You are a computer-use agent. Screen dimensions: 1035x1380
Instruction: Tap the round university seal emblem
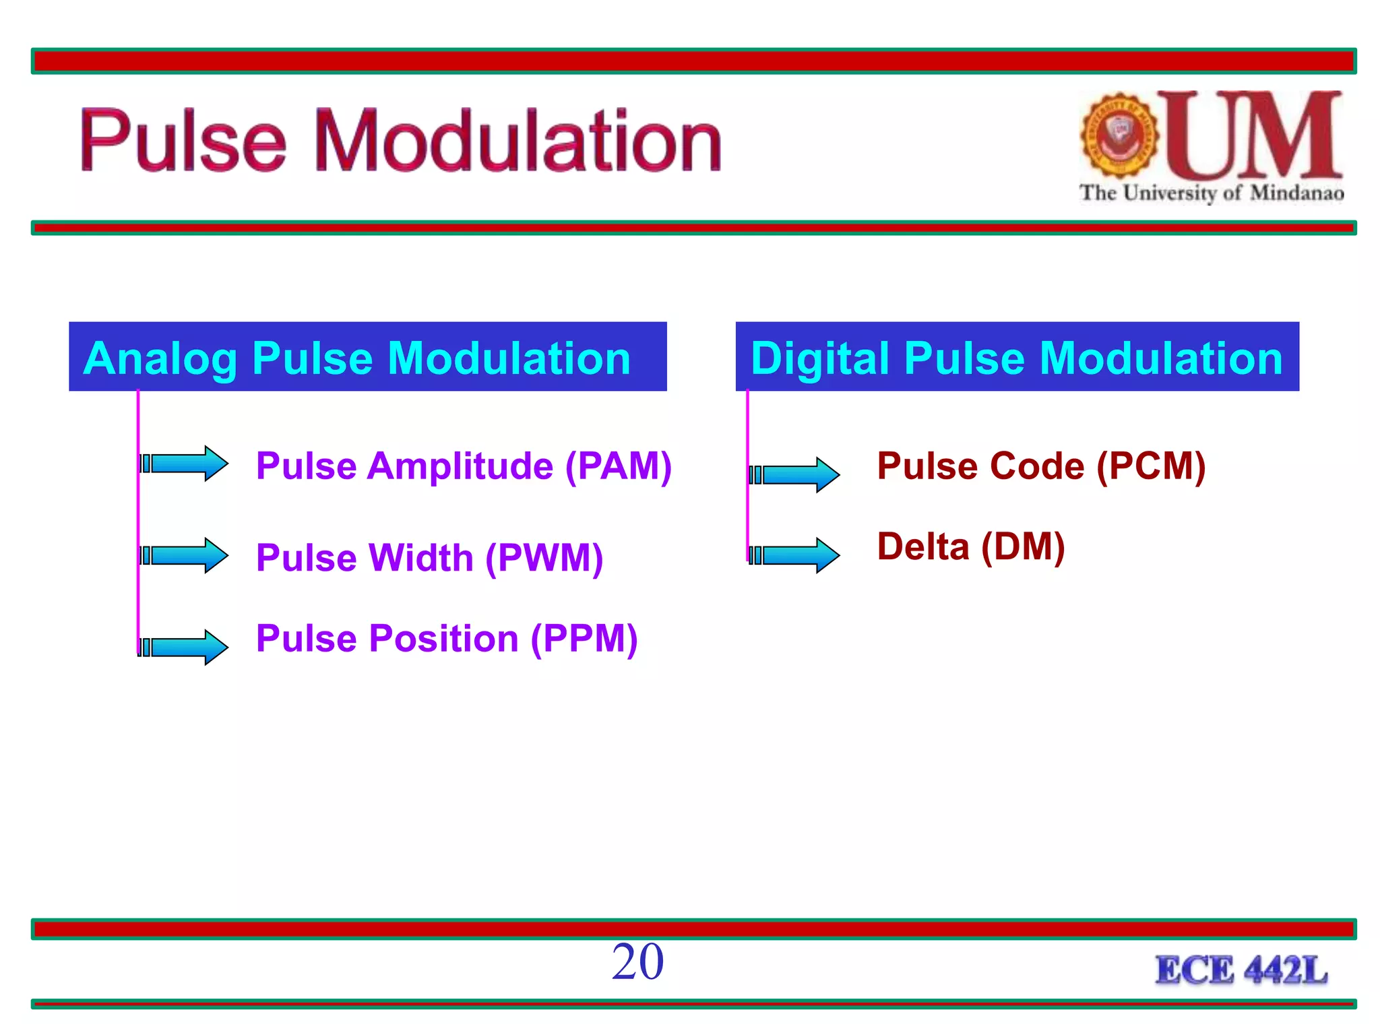1119,135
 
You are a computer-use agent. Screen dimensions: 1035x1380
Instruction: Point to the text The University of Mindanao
1211,193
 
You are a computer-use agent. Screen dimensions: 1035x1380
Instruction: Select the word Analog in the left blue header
160,358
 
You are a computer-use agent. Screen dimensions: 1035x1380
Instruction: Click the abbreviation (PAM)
618,466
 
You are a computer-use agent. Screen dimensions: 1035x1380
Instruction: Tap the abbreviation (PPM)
584,638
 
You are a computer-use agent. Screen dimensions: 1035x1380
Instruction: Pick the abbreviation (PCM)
1151,466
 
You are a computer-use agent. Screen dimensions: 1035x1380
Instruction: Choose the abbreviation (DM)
1023,546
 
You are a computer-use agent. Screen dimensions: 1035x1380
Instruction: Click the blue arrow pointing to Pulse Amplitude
185,464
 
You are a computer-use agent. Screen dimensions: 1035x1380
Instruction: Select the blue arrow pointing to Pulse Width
185,556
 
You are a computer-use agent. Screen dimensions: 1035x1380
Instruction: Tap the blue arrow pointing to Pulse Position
185,648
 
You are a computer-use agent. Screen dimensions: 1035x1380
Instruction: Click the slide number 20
637,962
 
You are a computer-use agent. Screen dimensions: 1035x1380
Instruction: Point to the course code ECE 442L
1241,970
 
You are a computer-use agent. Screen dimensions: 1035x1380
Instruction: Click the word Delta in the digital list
922,546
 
